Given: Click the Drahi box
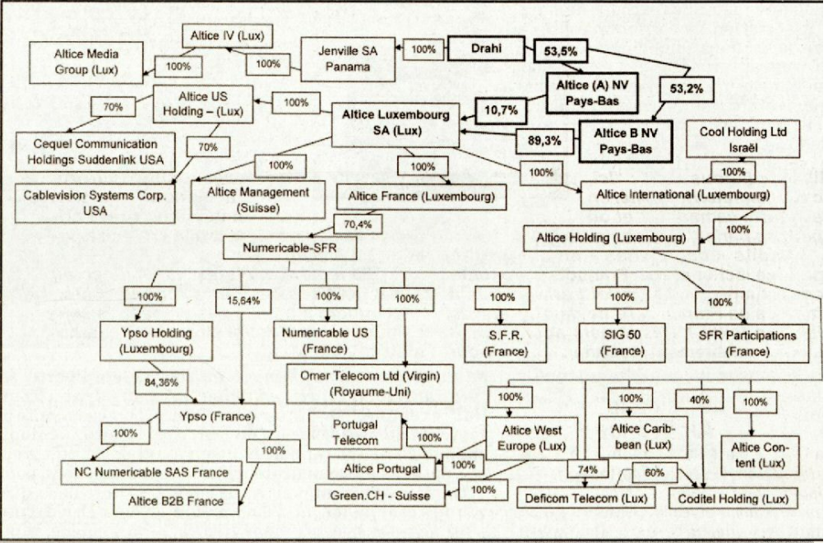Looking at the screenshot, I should [486, 50].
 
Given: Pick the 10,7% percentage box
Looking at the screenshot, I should [501, 107].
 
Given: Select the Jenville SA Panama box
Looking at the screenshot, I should [348, 58].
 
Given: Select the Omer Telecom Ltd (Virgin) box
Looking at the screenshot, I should [370, 384].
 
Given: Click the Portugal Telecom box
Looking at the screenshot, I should [355, 432].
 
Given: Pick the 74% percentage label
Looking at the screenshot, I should [586, 470].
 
